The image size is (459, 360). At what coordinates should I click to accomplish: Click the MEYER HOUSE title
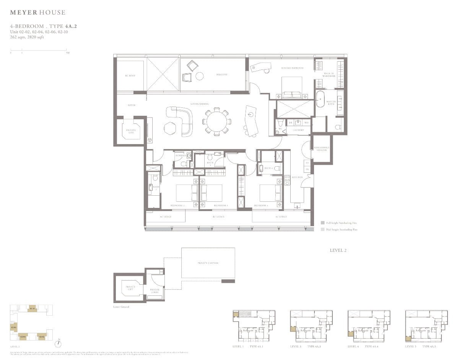click(37, 13)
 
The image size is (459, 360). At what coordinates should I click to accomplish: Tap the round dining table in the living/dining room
click(216, 122)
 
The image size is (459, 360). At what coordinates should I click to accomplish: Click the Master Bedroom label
click(292, 68)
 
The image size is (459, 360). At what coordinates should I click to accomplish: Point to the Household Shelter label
click(322, 149)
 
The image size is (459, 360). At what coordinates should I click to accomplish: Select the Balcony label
click(221, 75)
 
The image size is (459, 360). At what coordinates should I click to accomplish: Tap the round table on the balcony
click(199, 76)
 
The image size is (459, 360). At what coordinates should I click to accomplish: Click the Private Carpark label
click(208, 263)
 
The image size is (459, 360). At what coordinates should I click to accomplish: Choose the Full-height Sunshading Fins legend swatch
click(323, 222)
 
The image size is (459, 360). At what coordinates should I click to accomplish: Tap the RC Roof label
click(130, 76)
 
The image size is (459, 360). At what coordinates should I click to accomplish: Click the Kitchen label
click(297, 177)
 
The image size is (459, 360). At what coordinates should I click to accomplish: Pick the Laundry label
click(298, 130)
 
